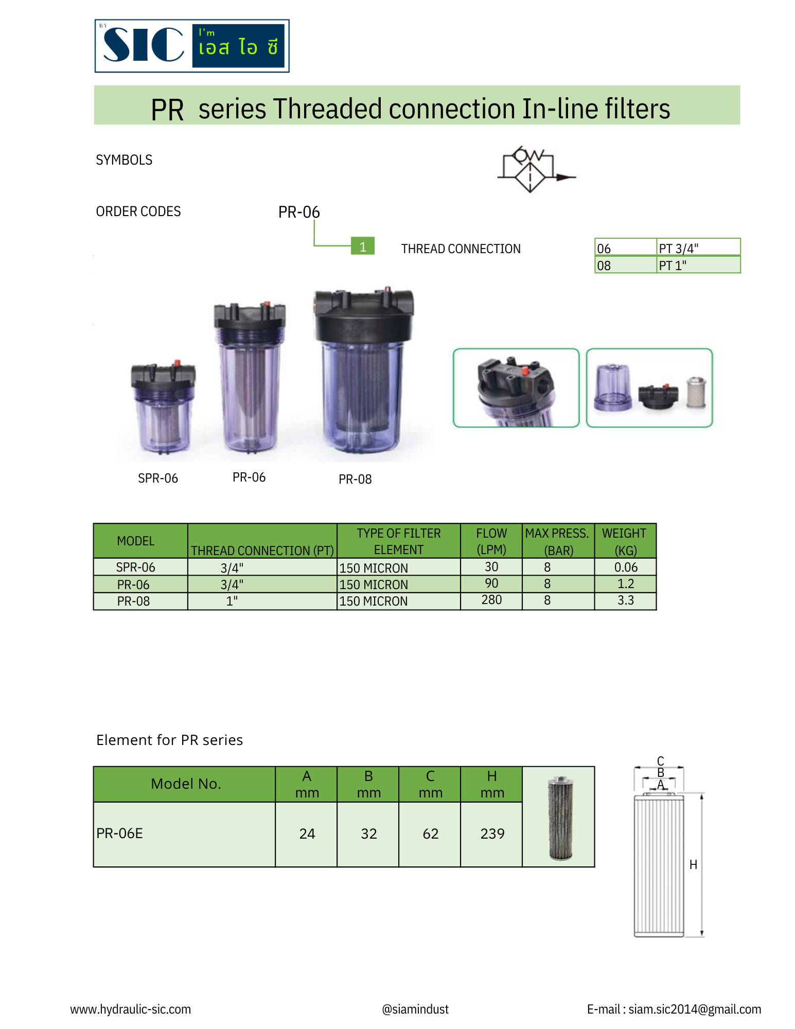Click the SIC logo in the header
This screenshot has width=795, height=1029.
191,46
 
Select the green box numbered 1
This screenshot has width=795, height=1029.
363,246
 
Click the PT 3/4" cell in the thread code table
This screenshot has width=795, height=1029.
697,248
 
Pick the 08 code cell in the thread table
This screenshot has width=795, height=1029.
625,265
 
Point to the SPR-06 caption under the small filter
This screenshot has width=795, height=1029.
158,478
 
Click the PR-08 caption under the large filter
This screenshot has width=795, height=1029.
355,479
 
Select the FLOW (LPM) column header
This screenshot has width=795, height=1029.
491,541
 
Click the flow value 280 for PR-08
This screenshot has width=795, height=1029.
491,600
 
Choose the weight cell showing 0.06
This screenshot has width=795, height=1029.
625,567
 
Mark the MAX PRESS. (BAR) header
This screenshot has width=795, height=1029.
558,541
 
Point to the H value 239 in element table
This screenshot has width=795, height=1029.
491,833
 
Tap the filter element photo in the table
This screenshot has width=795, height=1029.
559,818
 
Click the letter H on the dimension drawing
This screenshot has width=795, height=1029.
693,865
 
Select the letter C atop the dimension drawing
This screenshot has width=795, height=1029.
660,760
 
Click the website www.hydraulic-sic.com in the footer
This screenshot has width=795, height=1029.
131,1009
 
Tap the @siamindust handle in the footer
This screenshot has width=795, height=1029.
415,1009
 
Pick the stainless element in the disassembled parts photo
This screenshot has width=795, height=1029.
696,393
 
